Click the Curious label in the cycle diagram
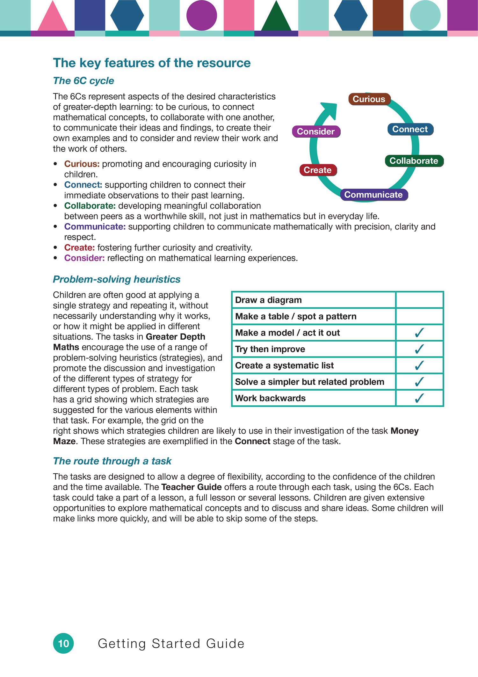369,99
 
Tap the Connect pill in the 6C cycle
410,129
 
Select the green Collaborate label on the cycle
414,161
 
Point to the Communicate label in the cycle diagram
373,195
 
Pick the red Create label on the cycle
318,170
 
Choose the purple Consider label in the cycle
316,132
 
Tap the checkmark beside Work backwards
419,398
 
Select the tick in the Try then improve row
419,349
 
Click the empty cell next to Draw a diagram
419,300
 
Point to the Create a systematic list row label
284,365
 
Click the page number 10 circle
63,643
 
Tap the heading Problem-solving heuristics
117,279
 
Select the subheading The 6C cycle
83,81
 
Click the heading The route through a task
112,461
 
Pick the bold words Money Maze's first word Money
404,431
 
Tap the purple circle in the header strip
202,15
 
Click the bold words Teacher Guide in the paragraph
192,487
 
